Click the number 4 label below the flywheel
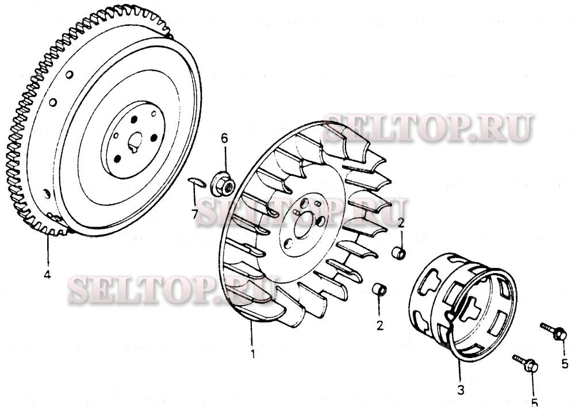47,275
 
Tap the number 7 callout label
195,214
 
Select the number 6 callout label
224,138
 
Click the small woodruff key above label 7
196,182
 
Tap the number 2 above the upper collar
401,222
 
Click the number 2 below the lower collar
379,325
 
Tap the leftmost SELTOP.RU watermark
155,290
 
